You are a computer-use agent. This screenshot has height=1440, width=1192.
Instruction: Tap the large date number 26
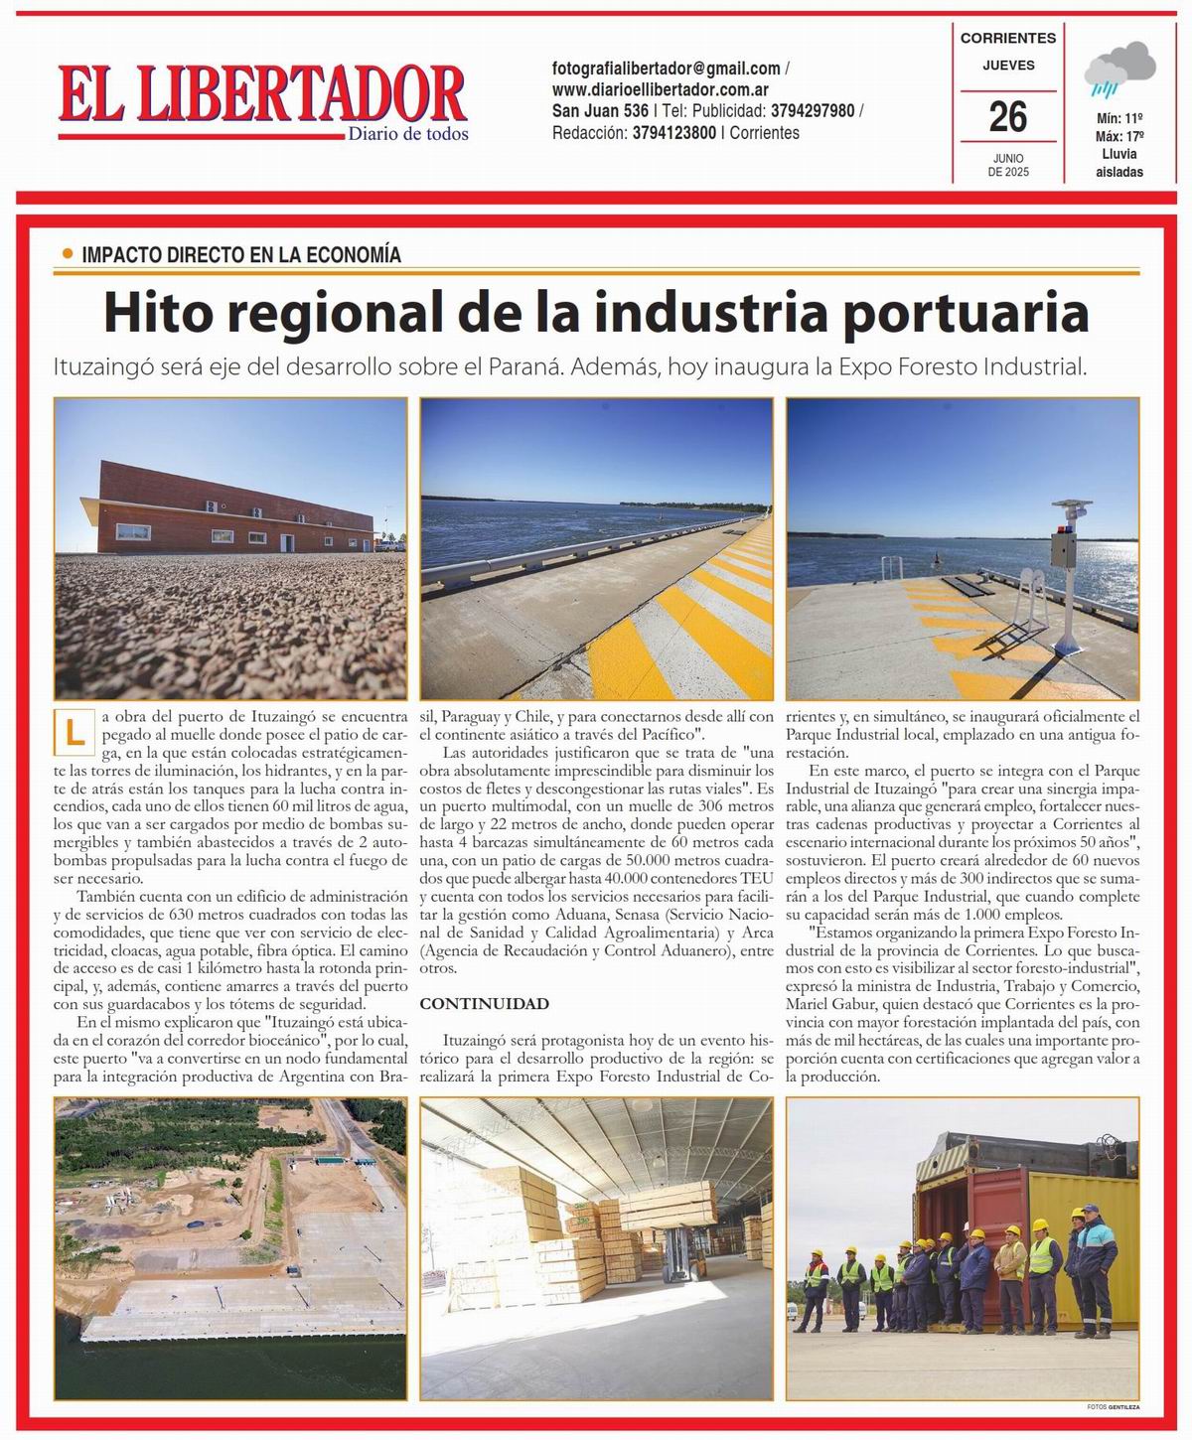click(x=1007, y=117)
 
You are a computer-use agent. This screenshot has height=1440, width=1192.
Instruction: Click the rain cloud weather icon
click(x=1119, y=72)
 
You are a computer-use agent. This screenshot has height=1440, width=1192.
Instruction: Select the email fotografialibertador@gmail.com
click(x=667, y=69)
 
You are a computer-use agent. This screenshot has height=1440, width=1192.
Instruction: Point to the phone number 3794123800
click(x=673, y=132)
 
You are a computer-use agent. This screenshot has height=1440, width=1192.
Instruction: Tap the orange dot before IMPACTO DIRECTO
click(x=68, y=254)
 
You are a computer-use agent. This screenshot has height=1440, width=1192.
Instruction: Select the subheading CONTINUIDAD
click(x=484, y=1004)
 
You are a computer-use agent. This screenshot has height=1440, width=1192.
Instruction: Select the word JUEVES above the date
click(x=1008, y=66)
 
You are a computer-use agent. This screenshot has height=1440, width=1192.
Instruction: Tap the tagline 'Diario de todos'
click(x=407, y=134)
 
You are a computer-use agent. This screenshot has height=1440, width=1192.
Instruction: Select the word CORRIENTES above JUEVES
click(x=1007, y=38)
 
